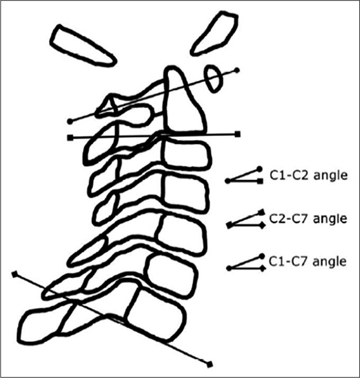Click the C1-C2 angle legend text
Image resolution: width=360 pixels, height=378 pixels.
click(x=307, y=175)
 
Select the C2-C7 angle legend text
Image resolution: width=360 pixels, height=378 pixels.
click(x=307, y=219)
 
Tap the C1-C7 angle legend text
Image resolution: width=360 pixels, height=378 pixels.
click(x=307, y=261)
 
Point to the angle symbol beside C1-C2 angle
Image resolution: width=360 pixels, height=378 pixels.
click(x=244, y=176)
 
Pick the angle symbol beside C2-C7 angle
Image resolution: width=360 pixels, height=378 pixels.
click(x=245, y=219)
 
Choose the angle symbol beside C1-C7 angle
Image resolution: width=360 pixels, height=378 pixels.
click(x=245, y=262)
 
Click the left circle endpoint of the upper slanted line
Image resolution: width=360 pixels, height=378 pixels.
click(x=70, y=121)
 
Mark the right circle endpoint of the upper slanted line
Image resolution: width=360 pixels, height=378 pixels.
click(x=237, y=70)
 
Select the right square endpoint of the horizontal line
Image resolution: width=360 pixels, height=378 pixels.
click(x=238, y=135)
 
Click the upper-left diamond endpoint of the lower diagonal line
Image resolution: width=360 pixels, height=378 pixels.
click(x=14, y=273)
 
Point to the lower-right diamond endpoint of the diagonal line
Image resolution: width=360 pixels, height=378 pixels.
click(x=209, y=365)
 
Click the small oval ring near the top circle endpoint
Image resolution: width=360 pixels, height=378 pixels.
click(x=214, y=78)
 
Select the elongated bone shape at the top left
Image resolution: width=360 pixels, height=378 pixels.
click(x=83, y=46)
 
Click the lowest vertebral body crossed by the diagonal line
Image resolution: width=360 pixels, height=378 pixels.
click(x=155, y=315)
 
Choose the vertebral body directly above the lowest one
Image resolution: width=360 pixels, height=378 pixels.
click(x=170, y=274)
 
